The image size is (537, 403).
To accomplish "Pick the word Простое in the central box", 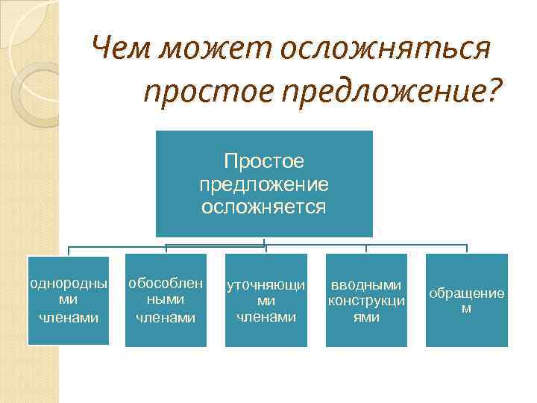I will [x=264, y=162].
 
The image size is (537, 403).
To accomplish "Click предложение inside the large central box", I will [x=264, y=184].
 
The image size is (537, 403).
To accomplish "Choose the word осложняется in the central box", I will [x=264, y=206].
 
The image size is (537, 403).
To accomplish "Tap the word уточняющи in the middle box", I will [x=266, y=285].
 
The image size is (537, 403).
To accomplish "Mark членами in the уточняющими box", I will [x=266, y=316].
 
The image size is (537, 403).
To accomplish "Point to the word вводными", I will [x=366, y=285].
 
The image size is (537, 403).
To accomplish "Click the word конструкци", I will [x=366, y=301].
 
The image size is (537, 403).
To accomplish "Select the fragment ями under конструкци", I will [x=366, y=316].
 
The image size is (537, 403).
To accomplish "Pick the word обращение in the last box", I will [x=466, y=293].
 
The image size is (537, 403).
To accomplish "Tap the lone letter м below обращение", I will [x=466, y=308].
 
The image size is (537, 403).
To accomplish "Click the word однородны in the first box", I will [x=68, y=284].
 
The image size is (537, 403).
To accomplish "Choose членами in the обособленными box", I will [x=165, y=316].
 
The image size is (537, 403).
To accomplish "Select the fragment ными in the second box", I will [x=165, y=299].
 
